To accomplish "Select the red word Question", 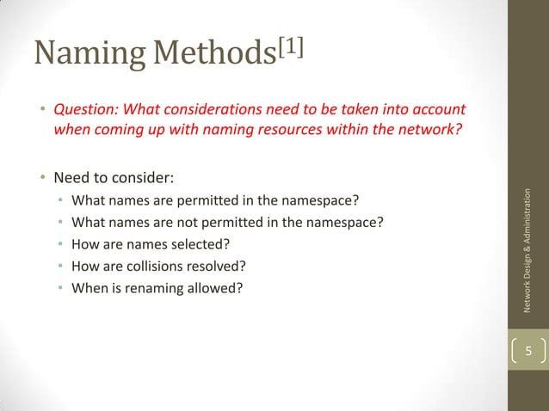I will tap(83, 110).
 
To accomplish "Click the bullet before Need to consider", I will tap(40, 180).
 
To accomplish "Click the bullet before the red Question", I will tap(40, 111).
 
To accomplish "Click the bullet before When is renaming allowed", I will tap(61, 288).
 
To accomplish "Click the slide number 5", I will tap(529, 351).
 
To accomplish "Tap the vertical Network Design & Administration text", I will tap(528, 250).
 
